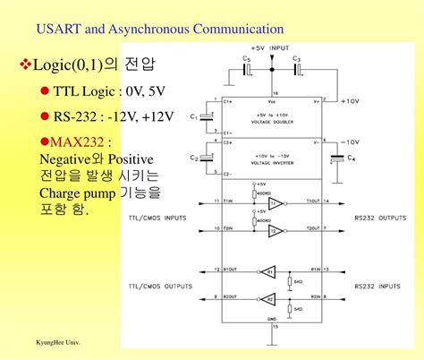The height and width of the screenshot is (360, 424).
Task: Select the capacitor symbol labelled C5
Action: (x=248, y=67)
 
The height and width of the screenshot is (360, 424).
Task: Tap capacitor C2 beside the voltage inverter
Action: (x=207, y=159)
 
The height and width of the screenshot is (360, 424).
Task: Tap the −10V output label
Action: (x=350, y=142)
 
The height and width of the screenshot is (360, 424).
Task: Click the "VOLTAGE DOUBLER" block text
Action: (x=270, y=121)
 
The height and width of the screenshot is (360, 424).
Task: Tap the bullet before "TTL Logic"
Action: (x=44, y=91)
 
